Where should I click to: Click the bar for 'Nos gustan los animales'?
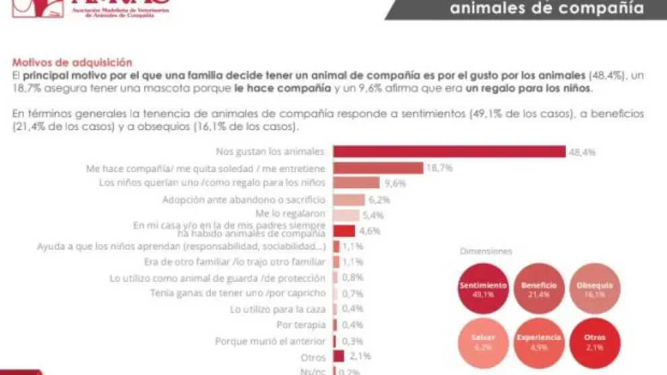point(449,152)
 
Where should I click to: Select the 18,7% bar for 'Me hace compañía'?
point(377,167)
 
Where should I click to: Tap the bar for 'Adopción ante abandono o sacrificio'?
point(349,200)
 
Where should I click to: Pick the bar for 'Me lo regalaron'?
point(346,215)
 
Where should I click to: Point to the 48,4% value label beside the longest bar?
point(582,152)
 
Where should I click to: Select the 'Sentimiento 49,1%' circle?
point(484,289)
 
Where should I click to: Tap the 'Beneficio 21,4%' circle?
point(539,289)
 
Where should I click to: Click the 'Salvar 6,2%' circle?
point(484,341)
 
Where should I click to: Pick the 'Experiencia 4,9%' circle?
point(539,341)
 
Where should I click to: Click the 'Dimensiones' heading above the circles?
point(486,251)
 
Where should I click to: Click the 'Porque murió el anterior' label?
point(270,341)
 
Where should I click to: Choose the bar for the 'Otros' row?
point(338,356)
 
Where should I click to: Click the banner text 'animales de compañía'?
point(546,9)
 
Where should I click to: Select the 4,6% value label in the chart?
point(370,231)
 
